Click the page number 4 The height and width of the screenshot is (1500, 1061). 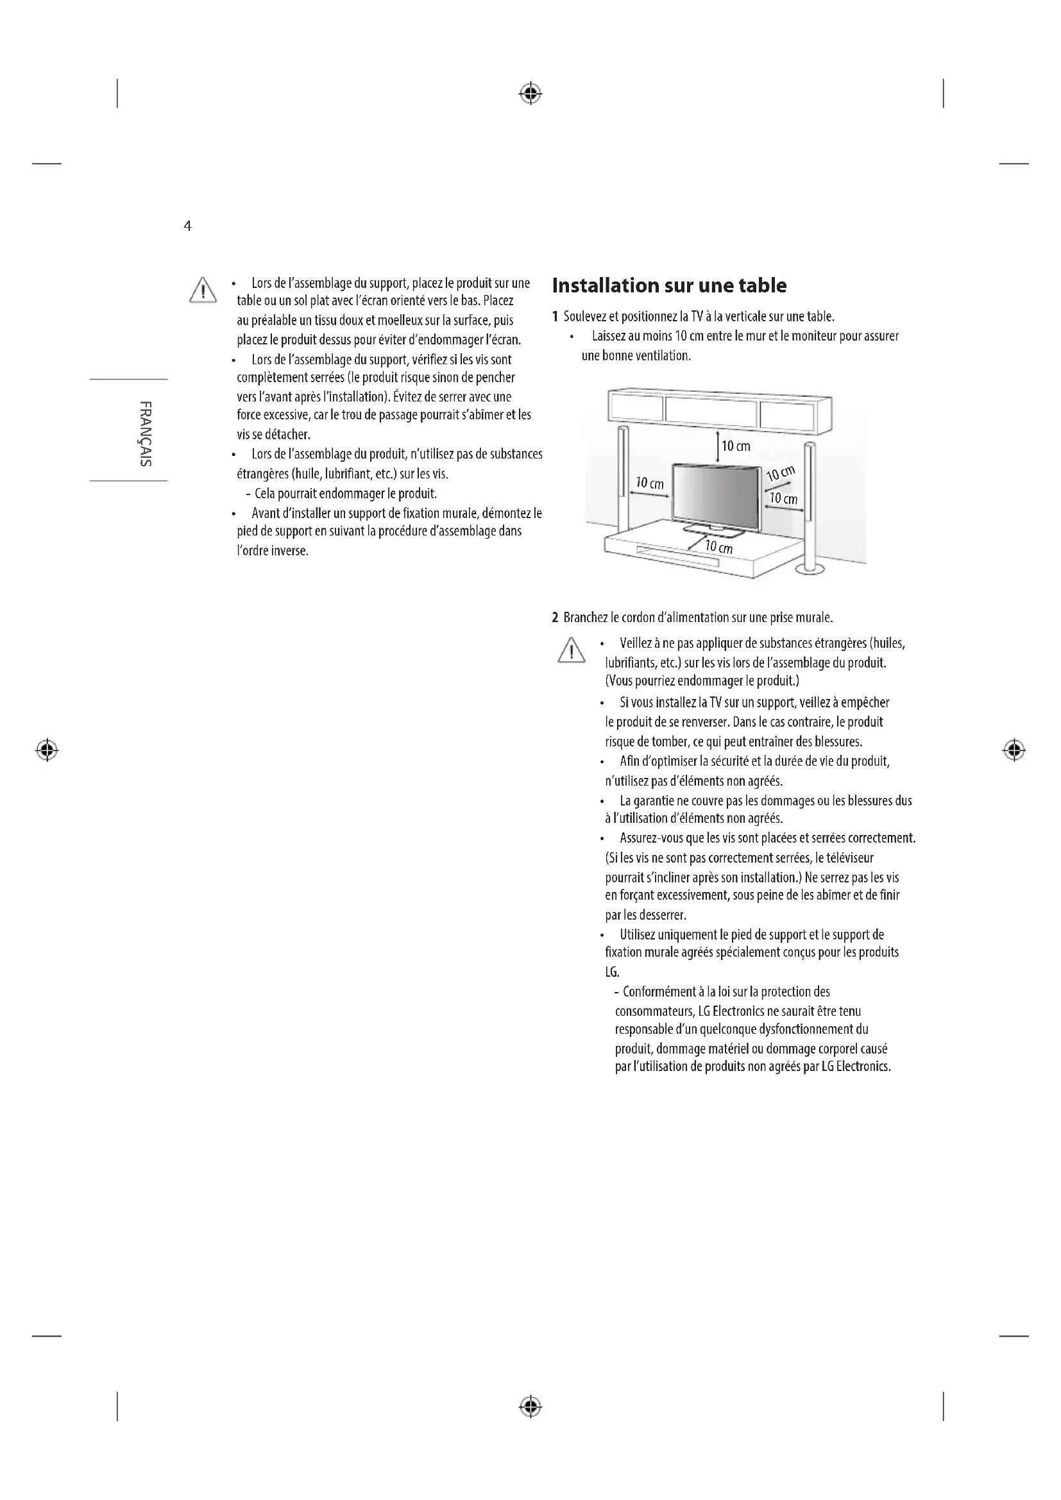[187, 226]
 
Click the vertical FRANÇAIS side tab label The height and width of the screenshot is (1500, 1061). [146, 432]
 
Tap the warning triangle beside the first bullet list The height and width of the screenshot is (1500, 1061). [203, 290]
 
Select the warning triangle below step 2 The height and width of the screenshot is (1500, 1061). [571, 650]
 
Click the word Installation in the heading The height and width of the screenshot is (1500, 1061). [606, 285]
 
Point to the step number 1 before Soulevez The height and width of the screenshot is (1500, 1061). [556, 317]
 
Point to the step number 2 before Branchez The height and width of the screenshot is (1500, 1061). [556, 618]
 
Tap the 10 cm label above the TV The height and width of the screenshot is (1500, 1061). [736, 446]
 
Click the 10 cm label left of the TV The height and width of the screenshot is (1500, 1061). [649, 484]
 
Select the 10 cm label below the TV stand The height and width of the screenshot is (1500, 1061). [718, 547]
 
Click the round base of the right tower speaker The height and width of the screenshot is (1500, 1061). [810, 569]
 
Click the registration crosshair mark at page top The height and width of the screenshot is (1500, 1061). [530, 94]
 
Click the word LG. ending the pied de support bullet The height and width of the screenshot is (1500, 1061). [612, 972]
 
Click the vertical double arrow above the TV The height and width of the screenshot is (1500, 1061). [718, 447]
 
